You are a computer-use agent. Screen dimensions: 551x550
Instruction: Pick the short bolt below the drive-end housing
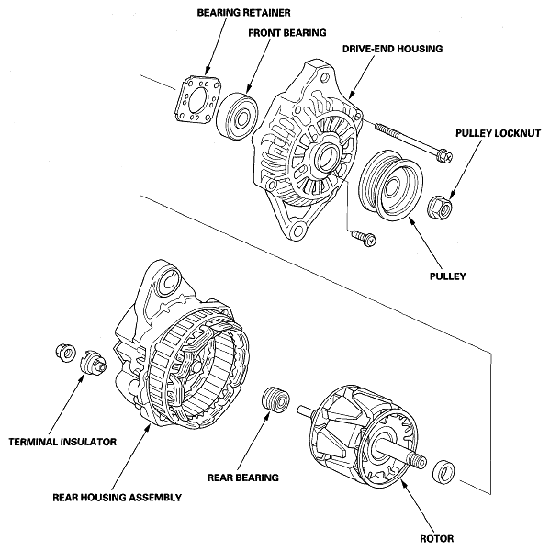point(359,236)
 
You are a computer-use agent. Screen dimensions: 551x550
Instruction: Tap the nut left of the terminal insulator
point(65,351)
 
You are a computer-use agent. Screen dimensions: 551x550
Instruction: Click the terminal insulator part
point(93,365)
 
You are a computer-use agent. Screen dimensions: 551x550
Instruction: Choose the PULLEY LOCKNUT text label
point(497,133)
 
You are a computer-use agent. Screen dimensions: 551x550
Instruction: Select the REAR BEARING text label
point(244,478)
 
